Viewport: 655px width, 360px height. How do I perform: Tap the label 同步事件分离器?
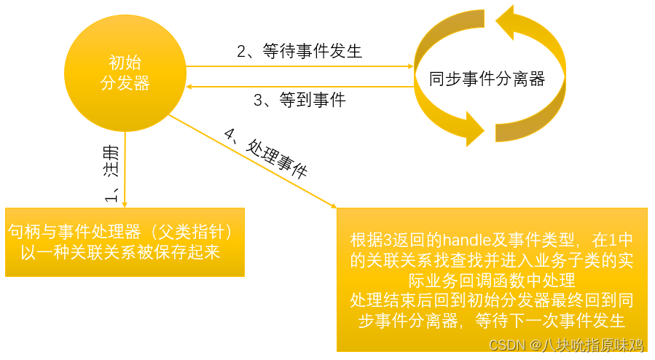(487, 79)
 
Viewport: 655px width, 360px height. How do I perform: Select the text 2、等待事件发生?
(299, 52)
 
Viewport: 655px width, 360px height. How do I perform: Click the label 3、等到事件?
(299, 101)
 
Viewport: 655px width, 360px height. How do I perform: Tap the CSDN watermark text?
(507, 344)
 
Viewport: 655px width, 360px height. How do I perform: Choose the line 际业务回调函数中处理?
(491, 280)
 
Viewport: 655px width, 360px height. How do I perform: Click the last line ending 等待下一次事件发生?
(491, 321)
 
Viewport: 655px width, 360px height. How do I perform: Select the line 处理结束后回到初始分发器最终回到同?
(491, 300)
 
